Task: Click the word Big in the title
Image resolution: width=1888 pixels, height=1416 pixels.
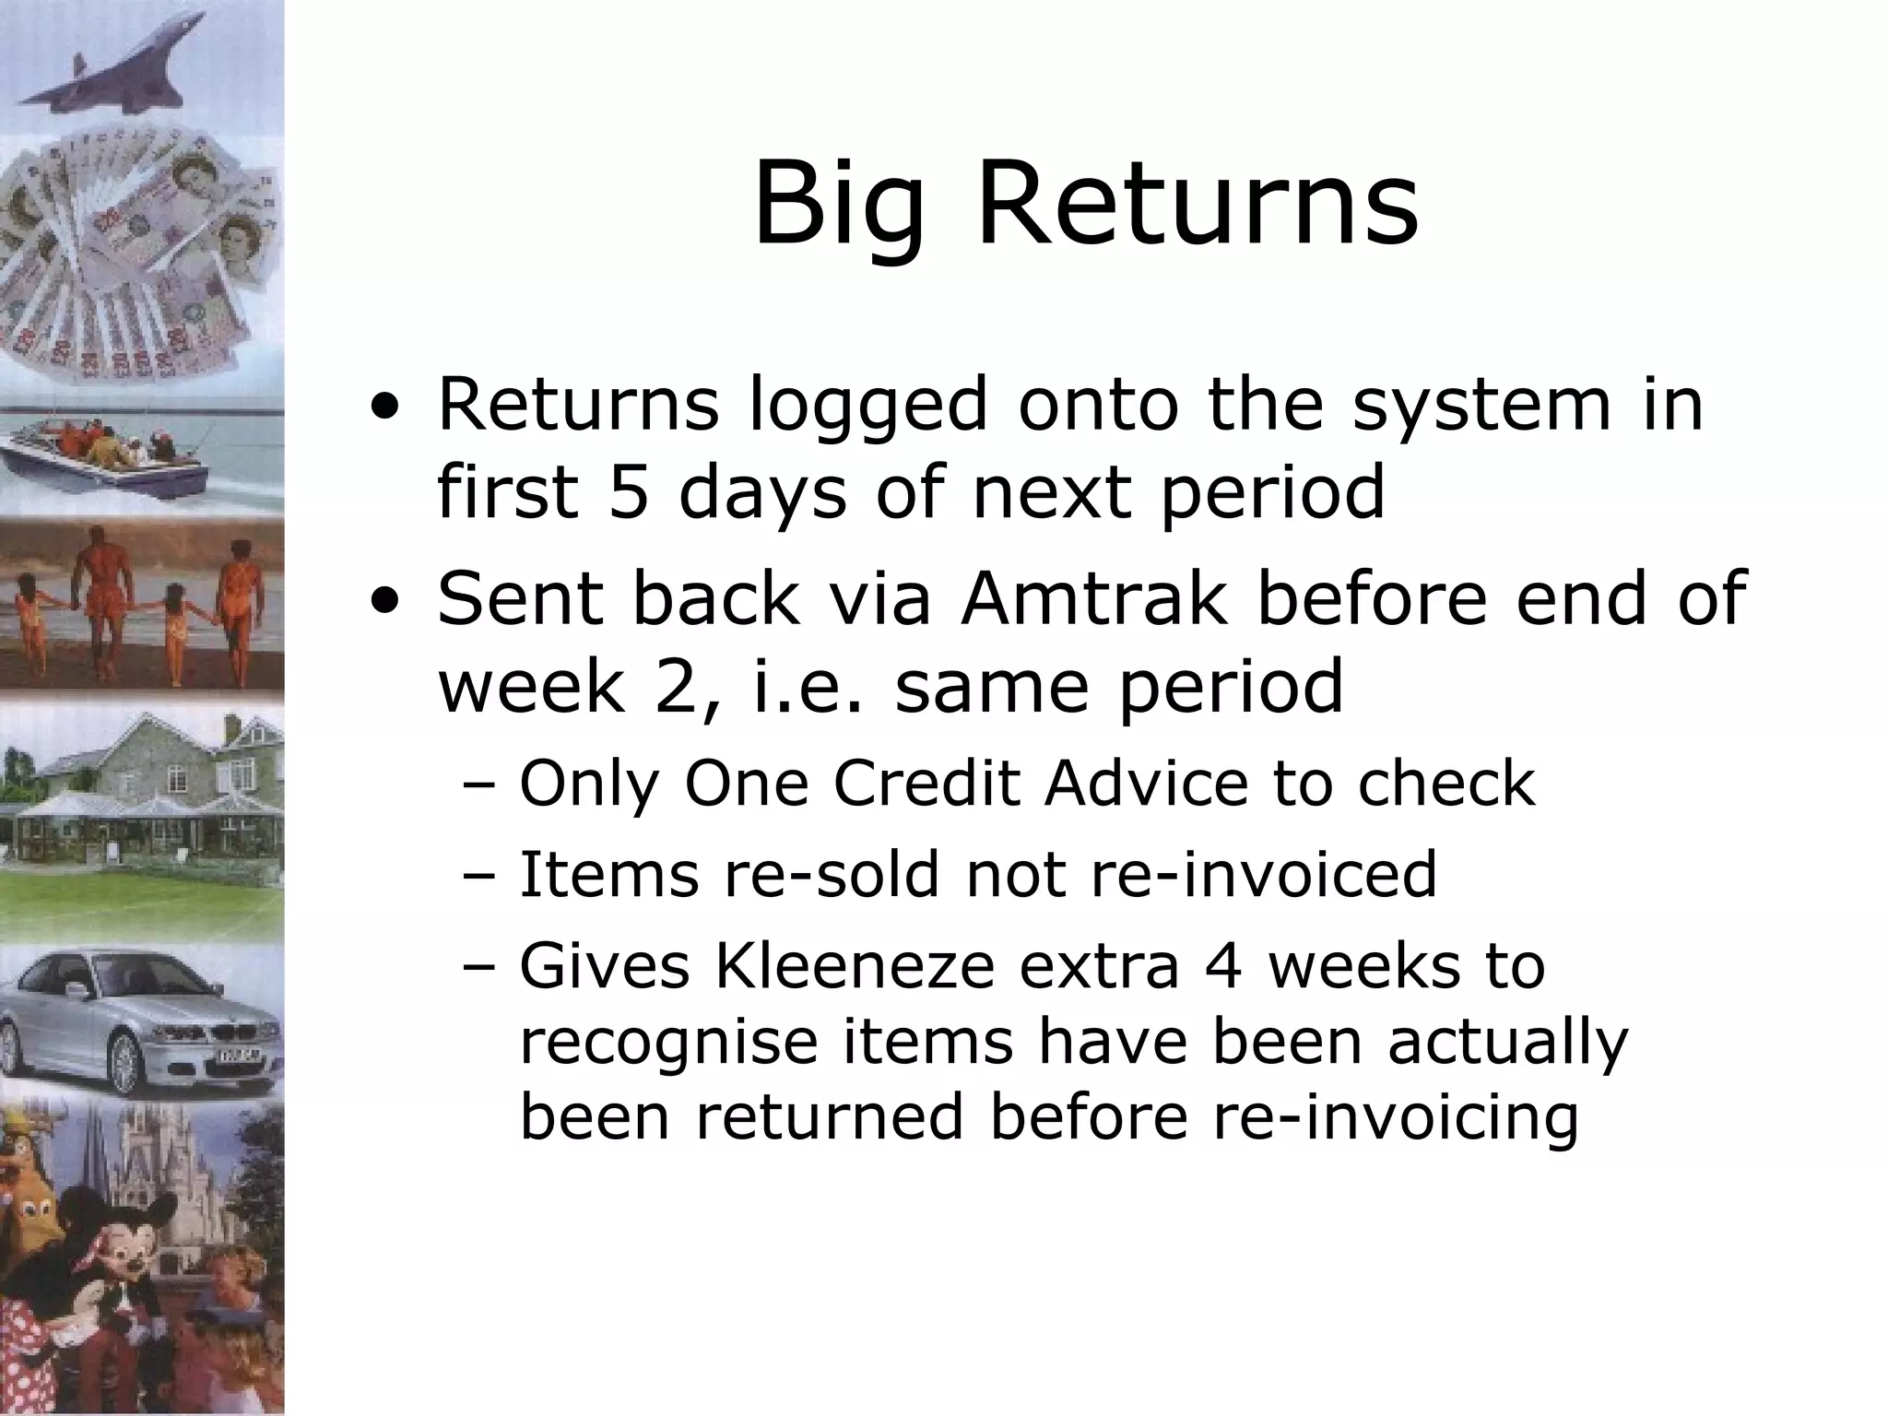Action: (x=837, y=205)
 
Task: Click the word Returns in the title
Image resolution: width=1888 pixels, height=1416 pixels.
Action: (x=1197, y=205)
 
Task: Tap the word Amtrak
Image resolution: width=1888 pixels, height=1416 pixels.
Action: (x=1093, y=597)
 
